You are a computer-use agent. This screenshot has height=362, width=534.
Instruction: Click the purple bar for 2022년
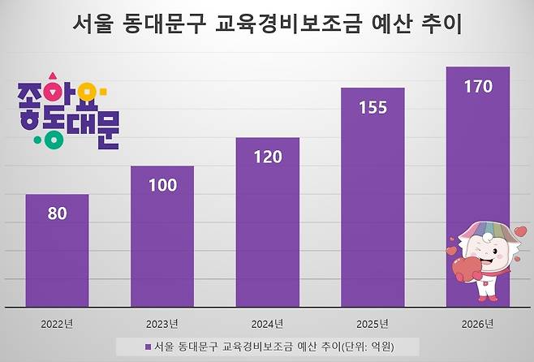(x=57, y=252)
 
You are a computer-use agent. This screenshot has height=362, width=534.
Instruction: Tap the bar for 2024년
(x=267, y=223)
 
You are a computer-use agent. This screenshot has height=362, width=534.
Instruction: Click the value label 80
(x=57, y=213)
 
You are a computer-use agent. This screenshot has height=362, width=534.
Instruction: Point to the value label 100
(x=162, y=185)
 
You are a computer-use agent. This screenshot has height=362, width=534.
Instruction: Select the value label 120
(x=267, y=157)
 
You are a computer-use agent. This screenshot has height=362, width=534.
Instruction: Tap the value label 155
(x=373, y=107)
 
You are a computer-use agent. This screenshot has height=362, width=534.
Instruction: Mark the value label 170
(x=477, y=86)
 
